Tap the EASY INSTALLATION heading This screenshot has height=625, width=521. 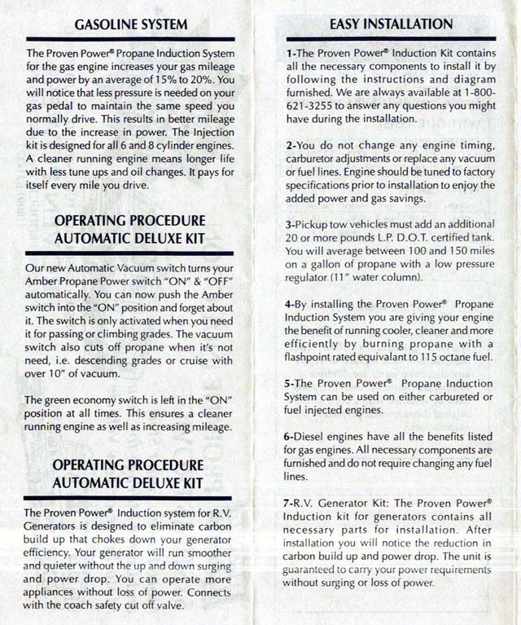[x=391, y=24]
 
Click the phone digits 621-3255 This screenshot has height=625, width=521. [x=309, y=106]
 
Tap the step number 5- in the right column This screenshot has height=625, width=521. [x=291, y=383]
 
